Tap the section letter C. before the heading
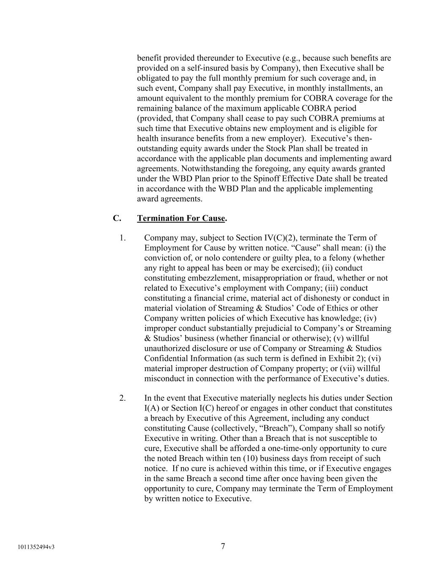coord(117,218)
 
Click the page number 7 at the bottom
coord(223,546)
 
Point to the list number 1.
coord(123,238)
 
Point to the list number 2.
coord(123,398)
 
